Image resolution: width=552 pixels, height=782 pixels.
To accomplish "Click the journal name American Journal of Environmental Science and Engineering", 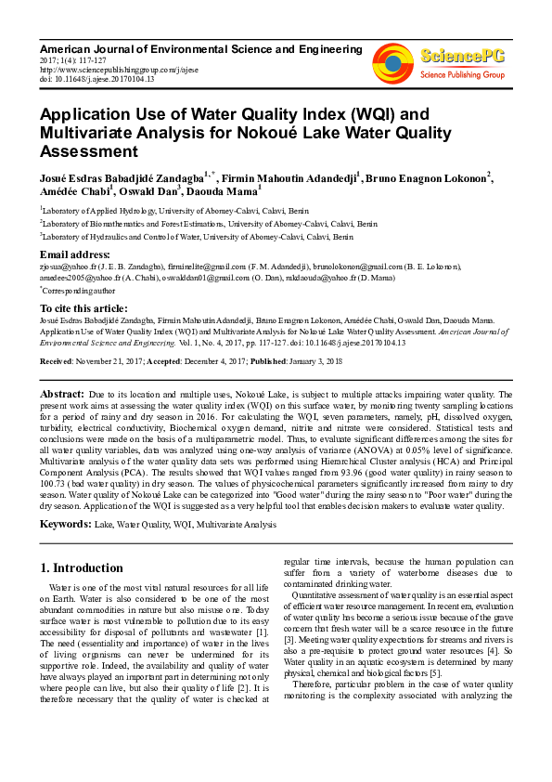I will (x=200, y=47).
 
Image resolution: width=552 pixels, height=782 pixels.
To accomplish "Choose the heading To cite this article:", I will (x=84, y=307).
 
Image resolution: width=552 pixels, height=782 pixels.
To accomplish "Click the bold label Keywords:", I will (x=65, y=525).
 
